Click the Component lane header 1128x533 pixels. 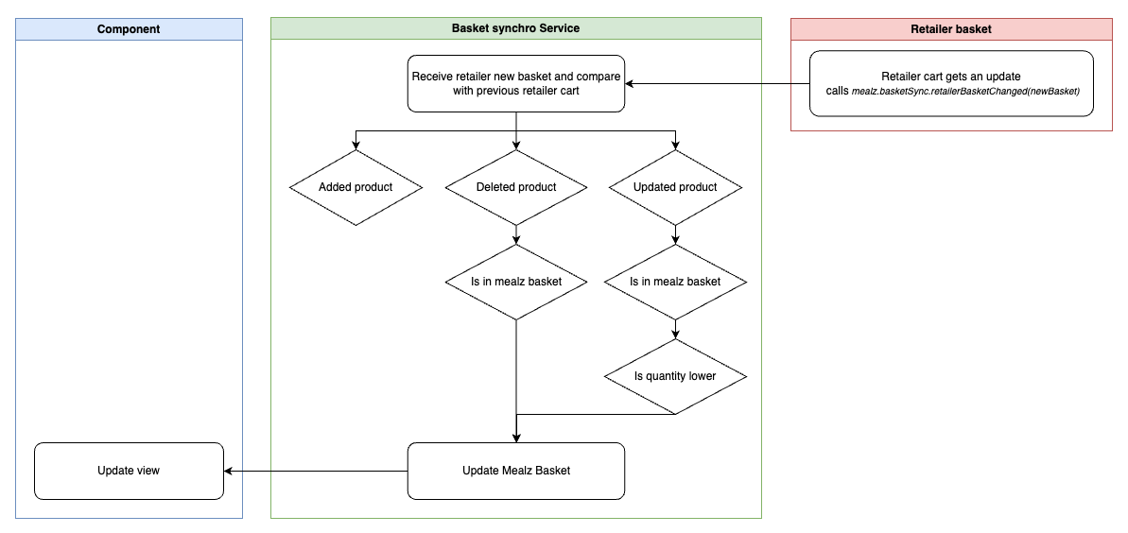(129, 29)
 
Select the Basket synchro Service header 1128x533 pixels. (515, 28)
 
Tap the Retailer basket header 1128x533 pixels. (950, 29)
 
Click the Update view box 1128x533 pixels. (129, 471)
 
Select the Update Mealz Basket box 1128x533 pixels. (516, 471)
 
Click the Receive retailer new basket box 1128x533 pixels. (516, 83)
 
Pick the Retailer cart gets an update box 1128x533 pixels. (950, 83)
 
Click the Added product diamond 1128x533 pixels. (355, 187)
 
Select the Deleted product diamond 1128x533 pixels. (516, 187)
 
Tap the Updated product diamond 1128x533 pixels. (675, 187)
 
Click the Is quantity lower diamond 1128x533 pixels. (675, 376)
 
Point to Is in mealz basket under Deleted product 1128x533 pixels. (516, 282)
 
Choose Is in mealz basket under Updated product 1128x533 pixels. (675, 282)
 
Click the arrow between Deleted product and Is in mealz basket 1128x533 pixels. (516, 234)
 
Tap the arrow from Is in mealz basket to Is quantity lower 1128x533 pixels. (675, 329)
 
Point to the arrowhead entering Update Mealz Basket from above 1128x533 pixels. (516, 437)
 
